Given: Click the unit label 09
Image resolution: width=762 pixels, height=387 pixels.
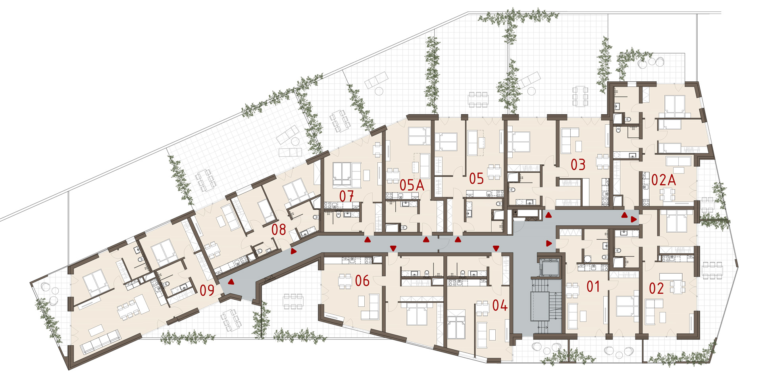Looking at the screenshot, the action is pyautogui.click(x=207, y=290).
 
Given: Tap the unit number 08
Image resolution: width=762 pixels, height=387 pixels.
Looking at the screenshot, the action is pyautogui.click(x=279, y=229).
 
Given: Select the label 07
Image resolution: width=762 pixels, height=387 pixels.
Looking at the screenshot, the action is pyautogui.click(x=346, y=196).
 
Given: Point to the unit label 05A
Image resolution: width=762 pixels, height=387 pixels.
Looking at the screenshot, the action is pyautogui.click(x=412, y=185).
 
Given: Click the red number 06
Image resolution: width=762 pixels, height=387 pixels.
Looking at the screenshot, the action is pyautogui.click(x=362, y=281).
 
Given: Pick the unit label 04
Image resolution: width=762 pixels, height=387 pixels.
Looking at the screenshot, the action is pyautogui.click(x=500, y=305).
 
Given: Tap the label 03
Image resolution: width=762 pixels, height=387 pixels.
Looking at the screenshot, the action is pyautogui.click(x=578, y=165).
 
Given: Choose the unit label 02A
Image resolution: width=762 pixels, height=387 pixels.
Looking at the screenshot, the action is pyautogui.click(x=664, y=180).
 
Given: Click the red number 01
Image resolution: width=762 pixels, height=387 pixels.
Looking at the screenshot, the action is pyautogui.click(x=593, y=287).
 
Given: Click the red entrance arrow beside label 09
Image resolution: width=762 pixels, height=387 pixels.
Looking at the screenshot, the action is pyautogui.click(x=231, y=282).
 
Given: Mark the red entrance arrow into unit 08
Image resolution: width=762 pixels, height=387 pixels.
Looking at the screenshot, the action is pyautogui.click(x=293, y=251).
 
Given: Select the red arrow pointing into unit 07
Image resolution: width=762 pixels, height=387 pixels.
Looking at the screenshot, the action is pyautogui.click(x=368, y=239).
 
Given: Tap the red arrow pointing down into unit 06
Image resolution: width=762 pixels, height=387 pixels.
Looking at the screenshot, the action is pyautogui.click(x=393, y=248).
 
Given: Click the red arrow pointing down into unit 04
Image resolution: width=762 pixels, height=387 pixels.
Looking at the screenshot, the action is pyautogui.click(x=496, y=248).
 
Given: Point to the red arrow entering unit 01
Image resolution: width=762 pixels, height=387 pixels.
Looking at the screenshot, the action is pyautogui.click(x=549, y=243).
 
